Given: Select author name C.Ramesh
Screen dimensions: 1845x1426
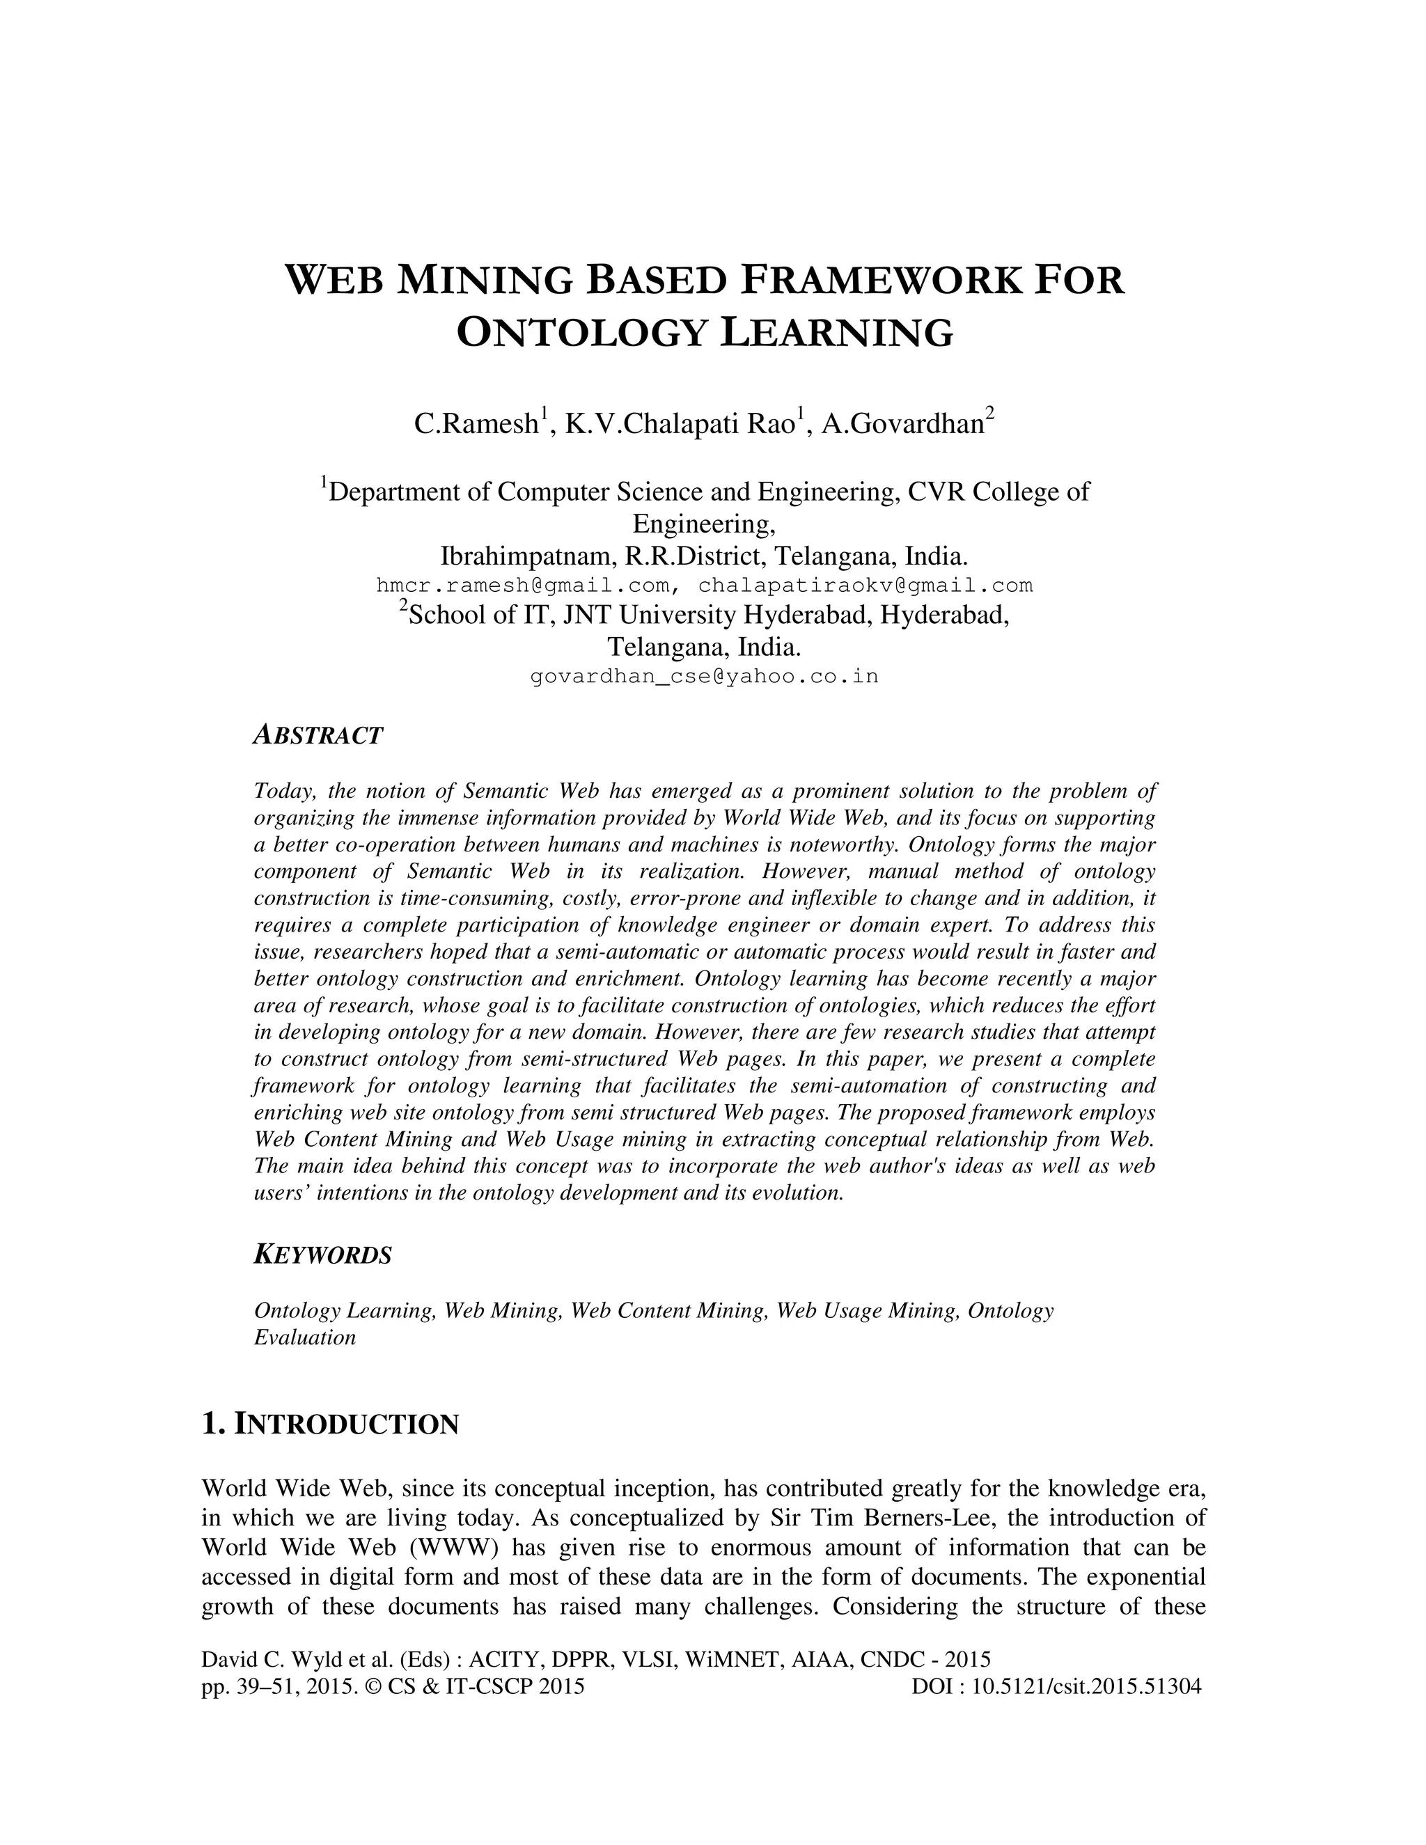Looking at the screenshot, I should coord(476,423).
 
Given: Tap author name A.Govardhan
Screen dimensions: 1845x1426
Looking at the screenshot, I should coord(902,423).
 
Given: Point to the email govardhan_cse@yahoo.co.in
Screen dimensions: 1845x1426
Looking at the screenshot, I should coord(704,677).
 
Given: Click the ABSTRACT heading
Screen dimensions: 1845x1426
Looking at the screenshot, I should coord(318,736).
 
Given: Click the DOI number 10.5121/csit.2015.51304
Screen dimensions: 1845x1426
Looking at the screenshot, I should coord(1086,1687).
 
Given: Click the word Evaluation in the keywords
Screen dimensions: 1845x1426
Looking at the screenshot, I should coord(305,1337).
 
